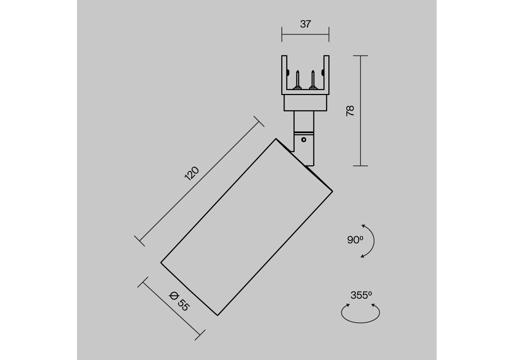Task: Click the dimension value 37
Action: click(305, 24)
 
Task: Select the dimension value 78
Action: click(350, 111)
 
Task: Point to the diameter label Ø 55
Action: click(179, 301)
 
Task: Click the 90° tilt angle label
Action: click(355, 240)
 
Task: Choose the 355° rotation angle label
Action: click(361, 295)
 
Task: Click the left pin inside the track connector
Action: click(297, 80)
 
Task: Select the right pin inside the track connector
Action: click(313, 80)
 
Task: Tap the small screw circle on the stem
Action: click(304, 139)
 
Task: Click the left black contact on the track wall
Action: click(288, 73)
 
